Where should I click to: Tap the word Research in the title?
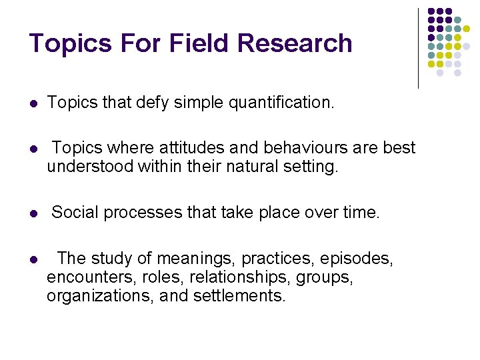(x=295, y=43)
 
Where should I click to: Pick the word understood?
(x=90, y=166)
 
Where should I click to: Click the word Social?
(x=73, y=213)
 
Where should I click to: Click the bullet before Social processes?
(x=33, y=214)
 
